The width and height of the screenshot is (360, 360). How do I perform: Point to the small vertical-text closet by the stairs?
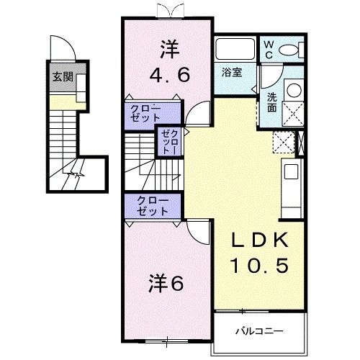pyautogui.click(x=167, y=142)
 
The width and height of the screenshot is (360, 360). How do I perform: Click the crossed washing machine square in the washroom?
pyautogui.click(x=294, y=114)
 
